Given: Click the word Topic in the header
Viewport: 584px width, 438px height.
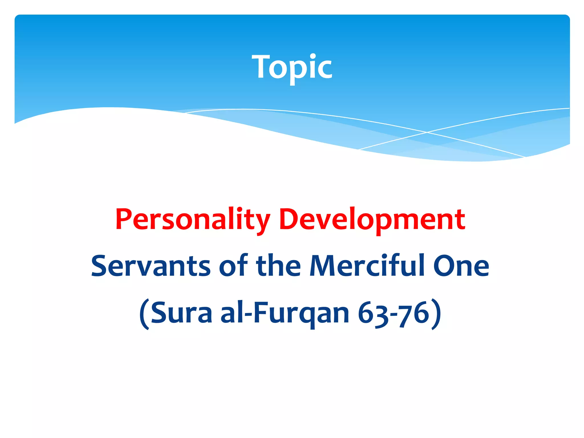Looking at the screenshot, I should [x=292, y=67].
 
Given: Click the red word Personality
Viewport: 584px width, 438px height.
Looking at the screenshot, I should [x=193, y=220].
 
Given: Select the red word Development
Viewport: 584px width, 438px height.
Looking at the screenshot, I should [x=372, y=220].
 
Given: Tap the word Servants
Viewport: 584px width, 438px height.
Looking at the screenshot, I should [x=151, y=266].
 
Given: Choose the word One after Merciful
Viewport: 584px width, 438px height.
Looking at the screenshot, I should [x=461, y=266].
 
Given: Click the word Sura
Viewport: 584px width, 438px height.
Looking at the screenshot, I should [x=181, y=313].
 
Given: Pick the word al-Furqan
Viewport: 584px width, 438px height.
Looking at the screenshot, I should [x=285, y=313].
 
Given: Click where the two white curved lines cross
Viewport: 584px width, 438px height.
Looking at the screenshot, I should [x=427, y=132].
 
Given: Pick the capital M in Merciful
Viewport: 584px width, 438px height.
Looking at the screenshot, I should [x=322, y=266].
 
